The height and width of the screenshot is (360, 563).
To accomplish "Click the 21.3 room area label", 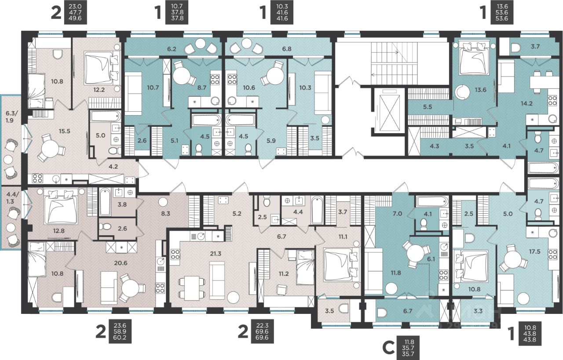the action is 216,254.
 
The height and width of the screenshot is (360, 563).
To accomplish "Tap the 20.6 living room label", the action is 121,263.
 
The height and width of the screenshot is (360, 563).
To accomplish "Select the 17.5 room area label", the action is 534,252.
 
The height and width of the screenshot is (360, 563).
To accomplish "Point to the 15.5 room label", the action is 64,131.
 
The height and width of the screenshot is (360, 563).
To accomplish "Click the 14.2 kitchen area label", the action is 526,103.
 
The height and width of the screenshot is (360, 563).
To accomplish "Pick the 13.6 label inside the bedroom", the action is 480,90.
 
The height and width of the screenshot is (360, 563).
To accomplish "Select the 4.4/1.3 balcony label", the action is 10,198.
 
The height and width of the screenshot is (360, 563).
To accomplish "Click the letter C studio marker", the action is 388,349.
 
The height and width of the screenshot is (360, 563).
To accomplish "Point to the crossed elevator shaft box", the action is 389,111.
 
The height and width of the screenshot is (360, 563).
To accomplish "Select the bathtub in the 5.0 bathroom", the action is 106,116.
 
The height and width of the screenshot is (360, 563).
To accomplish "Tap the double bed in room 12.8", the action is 60,207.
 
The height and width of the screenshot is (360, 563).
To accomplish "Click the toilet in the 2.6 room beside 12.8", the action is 106,227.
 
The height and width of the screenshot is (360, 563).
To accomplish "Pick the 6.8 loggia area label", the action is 287,49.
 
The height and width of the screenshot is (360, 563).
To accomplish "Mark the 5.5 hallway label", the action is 427,107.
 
